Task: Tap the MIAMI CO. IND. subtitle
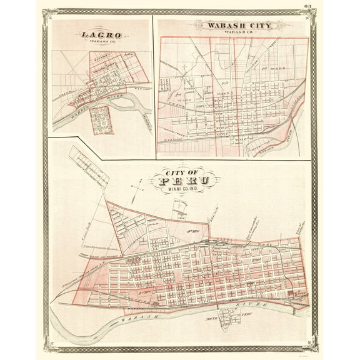pyautogui.click(x=181, y=191)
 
